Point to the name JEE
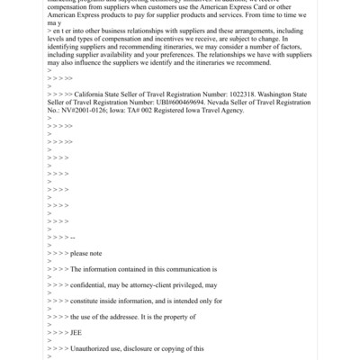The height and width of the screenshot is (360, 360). pos(76,332)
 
